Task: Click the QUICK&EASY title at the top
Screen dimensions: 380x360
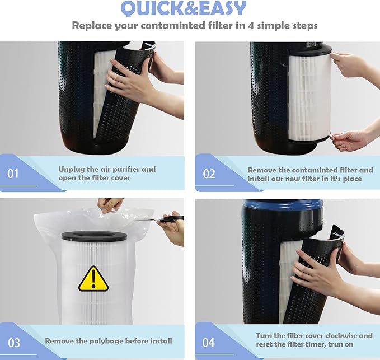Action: click(x=184, y=9)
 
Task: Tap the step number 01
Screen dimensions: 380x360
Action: click(x=13, y=174)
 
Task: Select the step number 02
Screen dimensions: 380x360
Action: click(x=209, y=174)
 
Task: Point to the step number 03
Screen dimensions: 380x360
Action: click(x=14, y=343)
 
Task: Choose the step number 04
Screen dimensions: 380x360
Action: click(x=208, y=343)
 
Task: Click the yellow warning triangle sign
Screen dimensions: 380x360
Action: click(x=93, y=279)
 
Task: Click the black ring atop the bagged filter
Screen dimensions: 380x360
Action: click(x=94, y=236)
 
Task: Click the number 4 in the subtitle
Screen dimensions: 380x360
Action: click(x=251, y=25)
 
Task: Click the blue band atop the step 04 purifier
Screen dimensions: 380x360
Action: click(x=283, y=204)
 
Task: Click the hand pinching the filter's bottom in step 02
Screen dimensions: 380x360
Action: click(x=351, y=139)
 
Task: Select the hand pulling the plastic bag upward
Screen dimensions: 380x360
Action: click(x=110, y=204)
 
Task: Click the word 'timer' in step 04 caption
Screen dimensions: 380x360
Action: click(x=312, y=344)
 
